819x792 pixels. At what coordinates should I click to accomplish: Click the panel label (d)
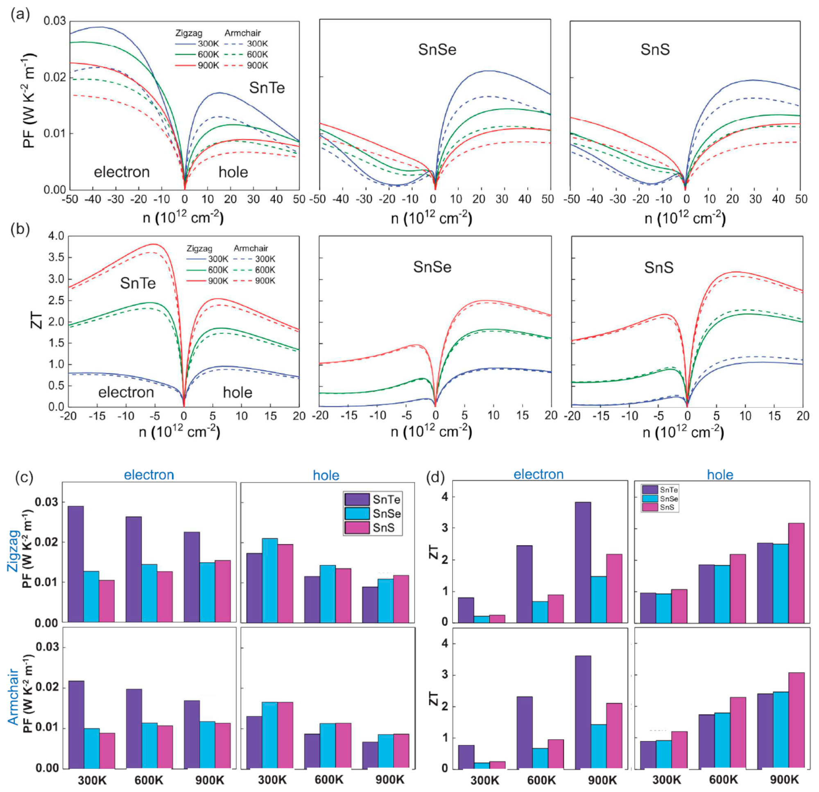coord(435,477)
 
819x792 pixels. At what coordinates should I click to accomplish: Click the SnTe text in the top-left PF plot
coord(267,88)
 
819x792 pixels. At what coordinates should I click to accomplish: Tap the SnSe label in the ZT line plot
coord(432,267)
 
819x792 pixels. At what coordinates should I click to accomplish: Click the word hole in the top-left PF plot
coord(233,172)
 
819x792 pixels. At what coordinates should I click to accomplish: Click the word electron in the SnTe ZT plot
coord(126,392)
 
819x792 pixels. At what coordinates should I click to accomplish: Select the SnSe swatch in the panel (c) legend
coord(357,513)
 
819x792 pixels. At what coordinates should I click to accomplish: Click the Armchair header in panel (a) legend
coord(242,33)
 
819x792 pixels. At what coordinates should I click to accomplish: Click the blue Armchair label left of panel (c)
coord(14,696)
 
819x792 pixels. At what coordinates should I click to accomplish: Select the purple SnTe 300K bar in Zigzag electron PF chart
coord(76,564)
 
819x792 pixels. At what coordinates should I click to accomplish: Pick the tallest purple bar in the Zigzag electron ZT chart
coord(582,562)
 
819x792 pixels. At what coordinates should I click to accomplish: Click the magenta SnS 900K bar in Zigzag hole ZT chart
coord(796,573)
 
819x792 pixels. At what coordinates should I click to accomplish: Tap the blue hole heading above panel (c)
coord(326,475)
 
